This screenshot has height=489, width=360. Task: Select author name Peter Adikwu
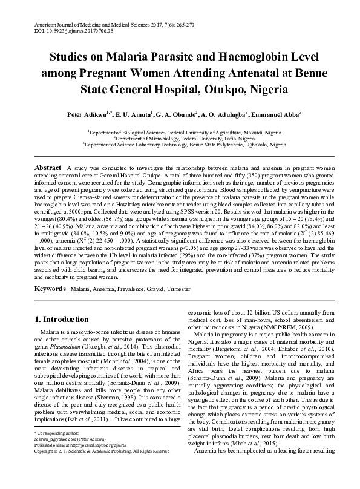87,114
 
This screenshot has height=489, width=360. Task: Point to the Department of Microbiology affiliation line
180,138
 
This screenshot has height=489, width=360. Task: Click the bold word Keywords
50,290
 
